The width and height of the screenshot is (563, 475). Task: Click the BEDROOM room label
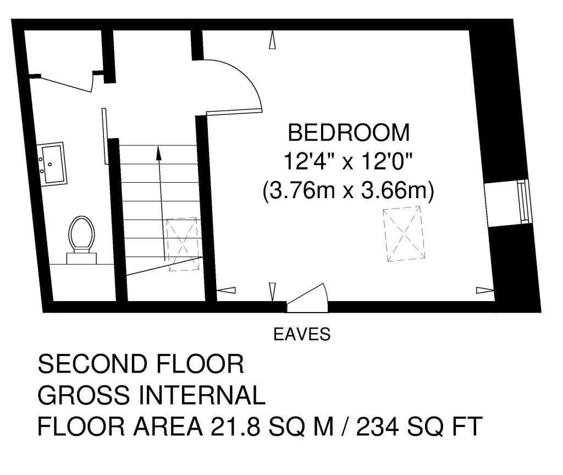pyautogui.click(x=349, y=133)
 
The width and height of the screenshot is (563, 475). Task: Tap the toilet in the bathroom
pyautogui.click(x=81, y=237)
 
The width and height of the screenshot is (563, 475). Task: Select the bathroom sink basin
pyautogui.click(x=52, y=163)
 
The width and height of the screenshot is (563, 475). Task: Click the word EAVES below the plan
pyautogui.click(x=302, y=334)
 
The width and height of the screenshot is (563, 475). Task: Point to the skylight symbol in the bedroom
pyautogui.click(x=405, y=233)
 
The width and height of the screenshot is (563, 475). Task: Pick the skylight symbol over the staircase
pyautogui.click(x=182, y=244)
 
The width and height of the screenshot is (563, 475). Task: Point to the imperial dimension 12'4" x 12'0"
pyautogui.click(x=349, y=162)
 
